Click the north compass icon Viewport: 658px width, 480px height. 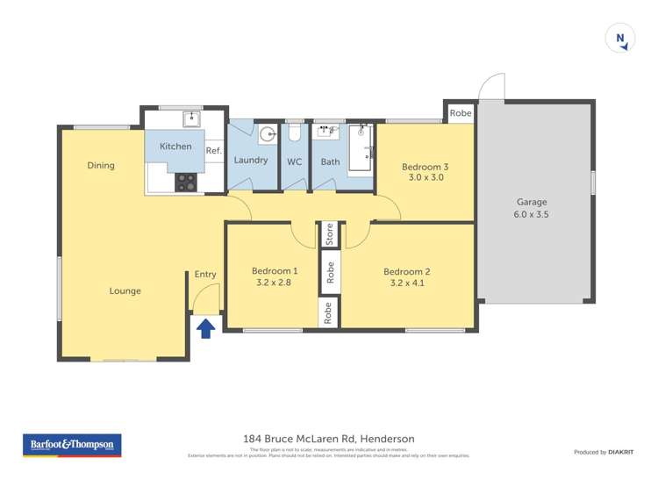click(620, 39)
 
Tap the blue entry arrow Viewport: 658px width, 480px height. click(205, 328)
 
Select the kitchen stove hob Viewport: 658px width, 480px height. click(187, 182)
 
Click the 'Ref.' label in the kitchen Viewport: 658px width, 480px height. click(213, 151)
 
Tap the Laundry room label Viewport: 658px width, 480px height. click(251, 161)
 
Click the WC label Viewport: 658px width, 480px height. click(294, 161)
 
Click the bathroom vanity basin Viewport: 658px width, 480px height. click(329, 132)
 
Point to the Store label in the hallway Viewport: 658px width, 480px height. click(330, 234)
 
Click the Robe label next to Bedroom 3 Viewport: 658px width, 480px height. click(461, 113)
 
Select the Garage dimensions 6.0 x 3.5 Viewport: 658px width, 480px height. click(532, 214)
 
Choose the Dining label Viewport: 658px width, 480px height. click(101, 165)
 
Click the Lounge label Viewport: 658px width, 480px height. click(125, 291)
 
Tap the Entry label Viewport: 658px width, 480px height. click(205, 275)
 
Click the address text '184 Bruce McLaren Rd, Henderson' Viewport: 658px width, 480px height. click(328, 439)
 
